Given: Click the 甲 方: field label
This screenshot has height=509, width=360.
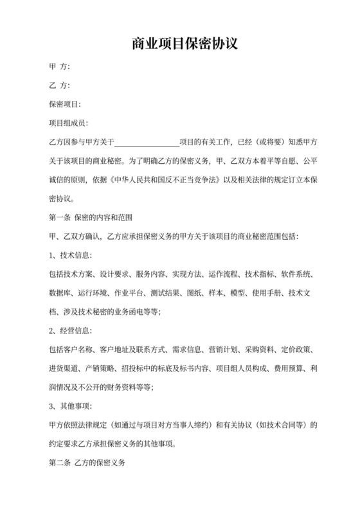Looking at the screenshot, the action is tap(59, 67).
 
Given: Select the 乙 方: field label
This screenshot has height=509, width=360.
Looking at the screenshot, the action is tap(59, 85).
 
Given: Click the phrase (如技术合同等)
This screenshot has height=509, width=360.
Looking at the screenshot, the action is tap(288, 425).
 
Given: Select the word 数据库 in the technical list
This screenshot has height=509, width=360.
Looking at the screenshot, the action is tap(59, 293).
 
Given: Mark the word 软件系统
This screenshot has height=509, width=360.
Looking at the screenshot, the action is tap(295, 274).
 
